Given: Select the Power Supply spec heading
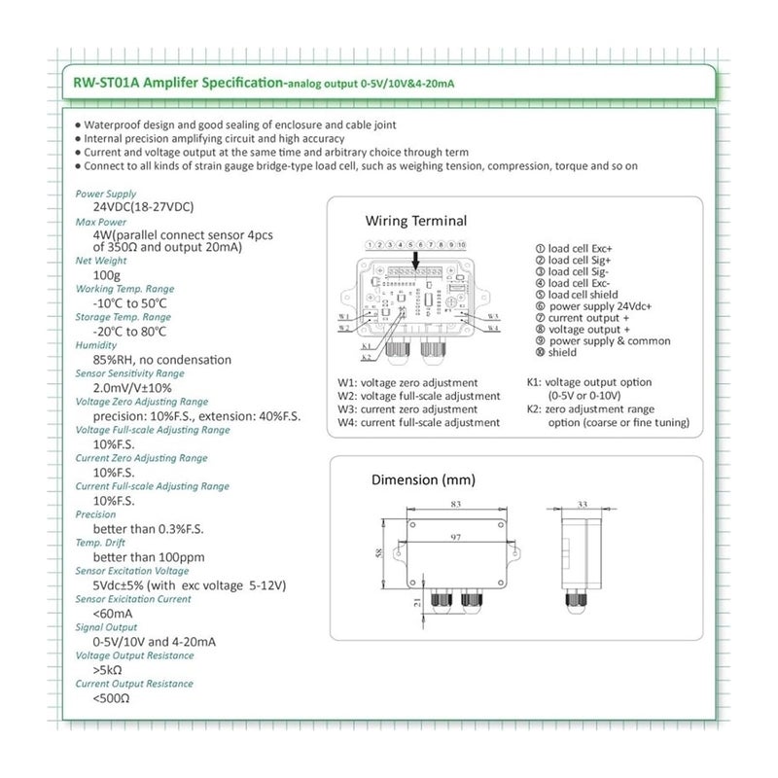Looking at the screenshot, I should tap(107, 194).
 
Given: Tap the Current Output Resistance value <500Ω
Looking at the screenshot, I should tap(111, 698).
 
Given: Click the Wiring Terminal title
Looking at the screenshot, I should tap(415, 222).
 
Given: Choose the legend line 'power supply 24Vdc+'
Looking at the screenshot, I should tap(600, 305).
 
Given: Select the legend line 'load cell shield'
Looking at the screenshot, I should tap(583, 294).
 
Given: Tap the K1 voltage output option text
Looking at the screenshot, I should tap(588, 382).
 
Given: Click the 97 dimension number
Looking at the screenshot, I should tap(456, 537).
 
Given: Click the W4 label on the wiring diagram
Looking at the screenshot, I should tap(493, 328).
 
